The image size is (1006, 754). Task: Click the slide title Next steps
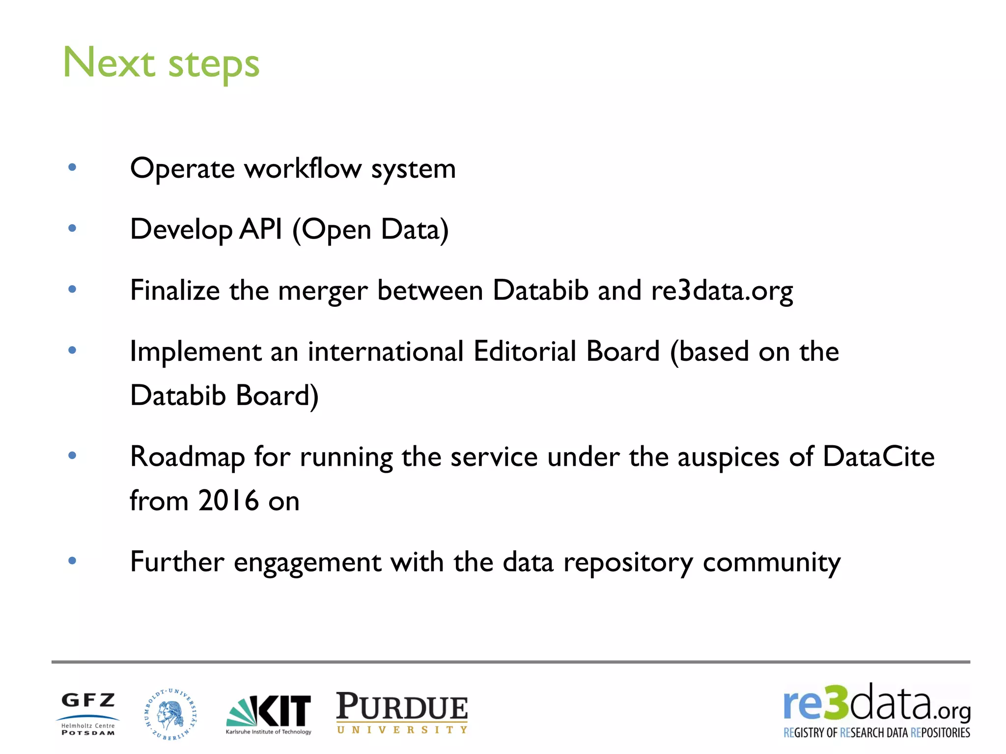point(161,63)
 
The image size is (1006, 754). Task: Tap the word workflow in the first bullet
point(303,169)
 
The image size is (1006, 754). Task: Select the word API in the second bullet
point(261,229)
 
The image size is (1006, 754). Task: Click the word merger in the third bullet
point(322,291)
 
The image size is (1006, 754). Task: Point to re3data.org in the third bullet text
point(722,291)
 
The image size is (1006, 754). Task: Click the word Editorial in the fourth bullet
point(525,351)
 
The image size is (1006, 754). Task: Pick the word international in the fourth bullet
point(386,351)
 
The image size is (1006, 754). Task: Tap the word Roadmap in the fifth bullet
point(187,457)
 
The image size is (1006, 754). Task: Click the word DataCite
point(878,457)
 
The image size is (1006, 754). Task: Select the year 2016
point(228,501)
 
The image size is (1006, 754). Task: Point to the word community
point(771,563)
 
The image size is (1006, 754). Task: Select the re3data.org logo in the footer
point(877,711)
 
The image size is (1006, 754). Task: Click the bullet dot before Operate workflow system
point(72,167)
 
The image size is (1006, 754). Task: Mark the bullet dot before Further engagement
point(72,561)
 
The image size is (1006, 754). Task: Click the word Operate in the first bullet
point(182,169)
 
